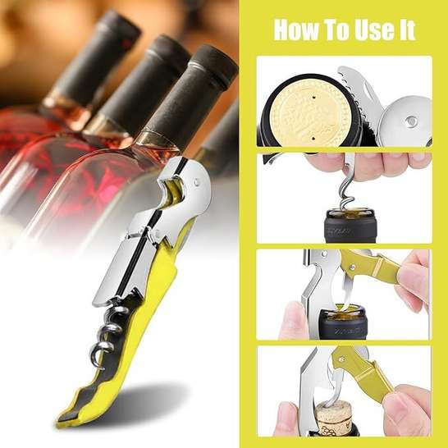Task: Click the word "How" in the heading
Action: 296,30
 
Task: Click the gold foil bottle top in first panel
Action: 311,113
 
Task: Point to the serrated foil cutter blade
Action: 359,94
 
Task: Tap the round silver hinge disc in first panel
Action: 405,121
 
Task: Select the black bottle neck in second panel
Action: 350,226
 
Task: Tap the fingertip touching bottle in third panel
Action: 292,320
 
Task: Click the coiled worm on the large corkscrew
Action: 108,334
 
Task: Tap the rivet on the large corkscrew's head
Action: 197,181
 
